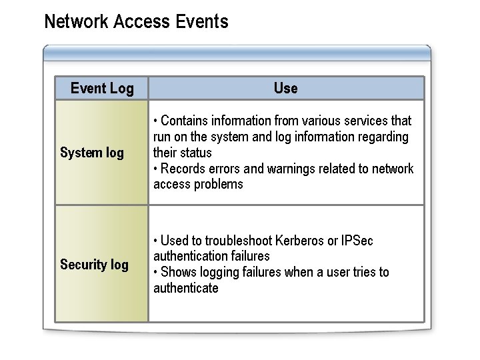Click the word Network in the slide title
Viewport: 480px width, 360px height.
[76, 22]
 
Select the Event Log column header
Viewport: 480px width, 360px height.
[102, 88]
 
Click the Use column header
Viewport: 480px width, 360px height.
[285, 88]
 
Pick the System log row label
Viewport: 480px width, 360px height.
[92, 153]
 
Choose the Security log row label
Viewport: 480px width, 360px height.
[94, 265]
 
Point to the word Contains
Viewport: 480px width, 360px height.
[183, 121]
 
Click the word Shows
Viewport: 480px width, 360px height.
[179, 272]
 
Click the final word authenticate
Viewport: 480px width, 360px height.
[186, 288]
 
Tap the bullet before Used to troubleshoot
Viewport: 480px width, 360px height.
[155, 241]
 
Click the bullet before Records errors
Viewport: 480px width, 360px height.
[155, 169]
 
